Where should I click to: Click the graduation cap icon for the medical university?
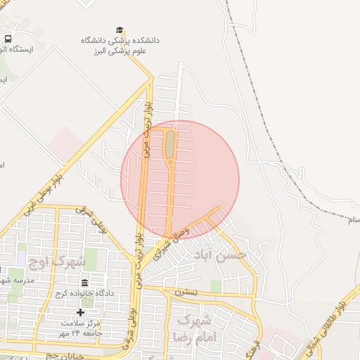point(120,30)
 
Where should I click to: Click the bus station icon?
point(8,39)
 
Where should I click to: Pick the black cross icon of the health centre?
point(80,311)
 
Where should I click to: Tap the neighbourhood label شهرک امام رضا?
point(196,329)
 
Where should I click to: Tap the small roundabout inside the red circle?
point(170,163)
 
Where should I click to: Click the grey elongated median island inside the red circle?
point(170,143)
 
